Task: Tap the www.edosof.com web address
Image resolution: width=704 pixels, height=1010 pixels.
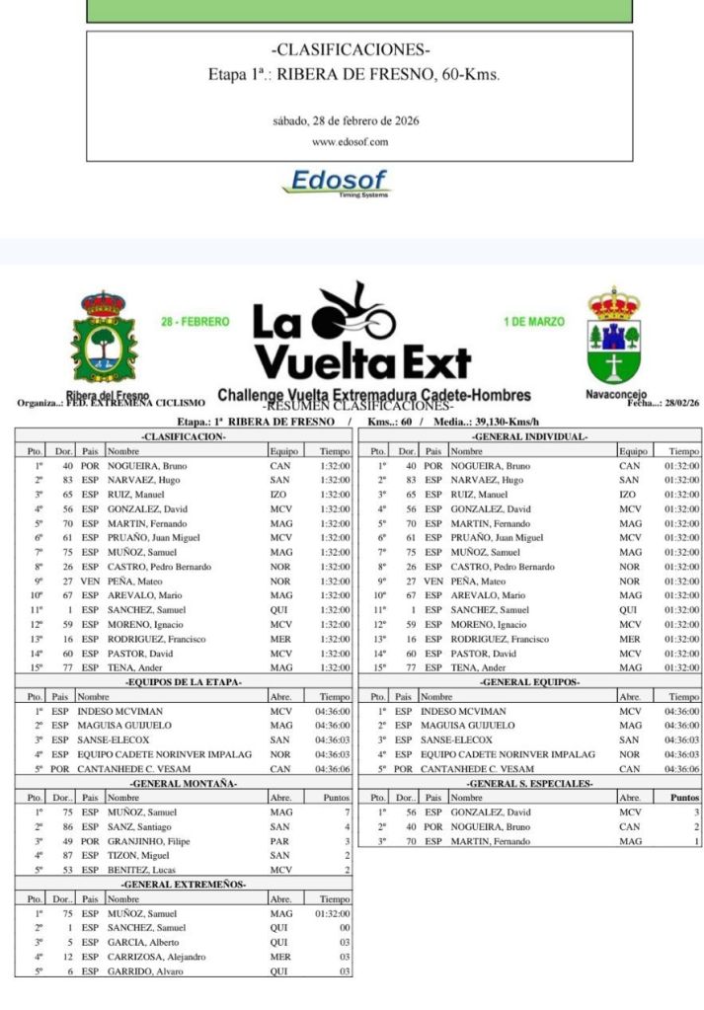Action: [351, 141]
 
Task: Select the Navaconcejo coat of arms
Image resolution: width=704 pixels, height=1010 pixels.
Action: [614, 336]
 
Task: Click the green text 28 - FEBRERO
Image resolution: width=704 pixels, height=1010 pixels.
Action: [196, 322]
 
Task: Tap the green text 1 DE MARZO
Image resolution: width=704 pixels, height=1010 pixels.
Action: [533, 322]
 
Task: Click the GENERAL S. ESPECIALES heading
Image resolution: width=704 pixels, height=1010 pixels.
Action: [530, 783]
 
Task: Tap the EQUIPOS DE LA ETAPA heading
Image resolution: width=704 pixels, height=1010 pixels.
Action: [184, 682]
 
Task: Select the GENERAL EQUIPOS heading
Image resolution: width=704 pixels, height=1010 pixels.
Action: [530, 682]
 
